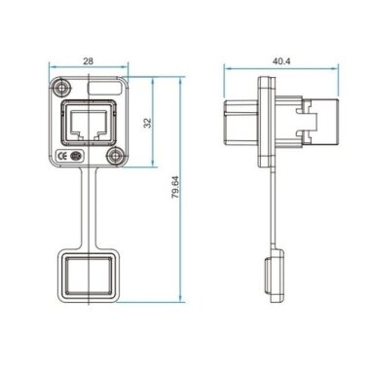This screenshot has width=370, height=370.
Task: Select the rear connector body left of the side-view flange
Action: (241, 125)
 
